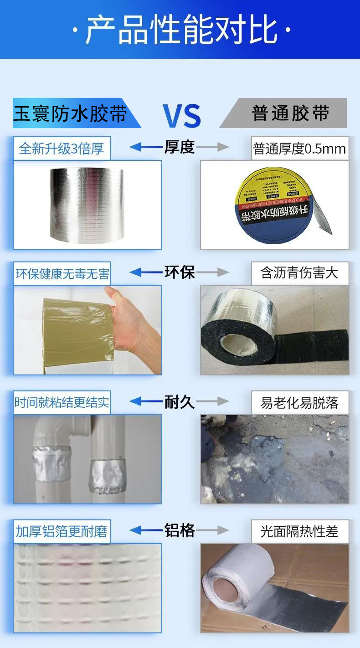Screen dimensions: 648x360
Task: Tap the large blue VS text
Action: (181, 115)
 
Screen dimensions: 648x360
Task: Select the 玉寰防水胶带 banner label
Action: (70, 113)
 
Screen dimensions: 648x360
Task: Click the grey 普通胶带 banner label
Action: (290, 113)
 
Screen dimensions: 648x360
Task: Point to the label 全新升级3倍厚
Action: (62, 149)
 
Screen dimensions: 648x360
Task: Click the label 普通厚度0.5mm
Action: (299, 149)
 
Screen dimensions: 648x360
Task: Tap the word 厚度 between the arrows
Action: (179, 147)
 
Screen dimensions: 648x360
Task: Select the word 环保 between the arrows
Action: (179, 272)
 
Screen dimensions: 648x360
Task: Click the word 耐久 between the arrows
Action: (179, 401)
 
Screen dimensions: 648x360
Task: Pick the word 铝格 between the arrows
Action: (179, 530)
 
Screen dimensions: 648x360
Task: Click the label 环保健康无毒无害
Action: (62, 274)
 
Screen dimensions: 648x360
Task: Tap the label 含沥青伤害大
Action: (299, 273)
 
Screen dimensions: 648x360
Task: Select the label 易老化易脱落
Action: (299, 403)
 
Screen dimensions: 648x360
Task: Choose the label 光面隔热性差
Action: (299, 531)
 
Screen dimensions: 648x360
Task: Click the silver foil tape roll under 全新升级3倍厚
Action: (87, 205)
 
